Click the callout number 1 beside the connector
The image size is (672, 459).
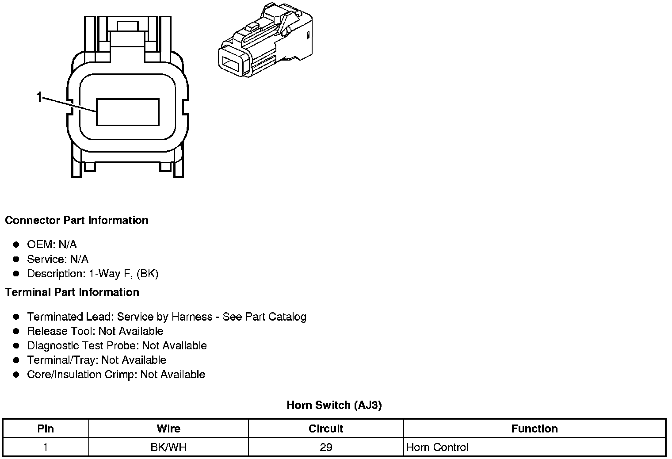[x=39, y=97]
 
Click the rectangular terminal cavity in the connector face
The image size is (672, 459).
[x=127, y=112]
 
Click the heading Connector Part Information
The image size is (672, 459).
[x=76, y=220]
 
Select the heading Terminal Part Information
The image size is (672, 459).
[x=72, y=292]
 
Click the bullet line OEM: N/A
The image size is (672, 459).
[x=52, y=245]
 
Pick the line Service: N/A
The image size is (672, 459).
[x=57, y=259]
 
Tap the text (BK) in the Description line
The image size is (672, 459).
[x=147, y=274]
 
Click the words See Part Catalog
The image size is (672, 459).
[x=264, y=317]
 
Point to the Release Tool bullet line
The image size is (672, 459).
[x=95, y=331]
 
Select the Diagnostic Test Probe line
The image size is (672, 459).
[x=117, y=345]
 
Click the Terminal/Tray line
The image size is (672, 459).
[x=96, y=360]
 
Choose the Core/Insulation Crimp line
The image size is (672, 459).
[x=116, y=375]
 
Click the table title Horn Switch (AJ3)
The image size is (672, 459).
[x=334, y=405]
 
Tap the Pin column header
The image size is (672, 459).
[x=46, y=428]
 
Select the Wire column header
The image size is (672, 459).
[x=168, y=428]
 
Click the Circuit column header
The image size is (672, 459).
[x=326, y=428]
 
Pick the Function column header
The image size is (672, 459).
[x=534, y=428]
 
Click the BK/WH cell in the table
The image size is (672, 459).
[x=168, y=447]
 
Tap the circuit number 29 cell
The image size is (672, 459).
[x=326, y=447]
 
